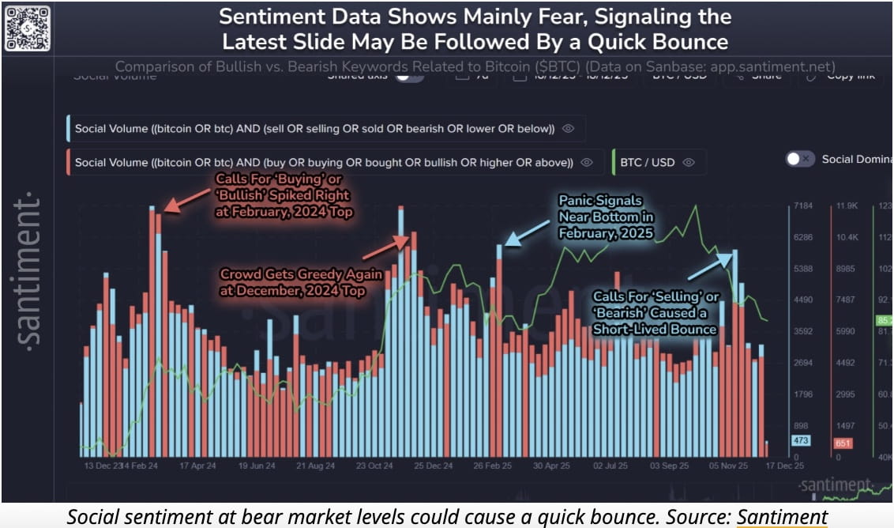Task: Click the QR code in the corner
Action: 27,28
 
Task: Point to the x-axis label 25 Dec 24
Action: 434,466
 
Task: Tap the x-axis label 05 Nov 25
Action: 727,466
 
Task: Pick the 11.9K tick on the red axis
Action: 846,206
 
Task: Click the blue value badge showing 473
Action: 800,440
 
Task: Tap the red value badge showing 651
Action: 843,443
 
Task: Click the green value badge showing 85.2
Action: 883,321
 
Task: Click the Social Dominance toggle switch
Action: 800,159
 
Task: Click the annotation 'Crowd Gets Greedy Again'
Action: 302,282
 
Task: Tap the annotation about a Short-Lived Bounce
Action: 655,312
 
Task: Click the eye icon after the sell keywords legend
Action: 568,128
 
